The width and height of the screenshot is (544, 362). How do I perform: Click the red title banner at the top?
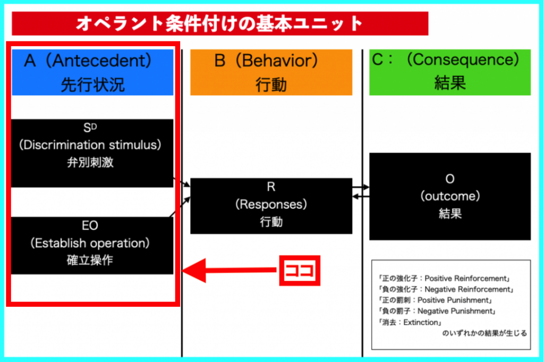coord(220,23)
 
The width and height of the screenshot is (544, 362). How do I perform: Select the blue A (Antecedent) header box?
coord(92,72)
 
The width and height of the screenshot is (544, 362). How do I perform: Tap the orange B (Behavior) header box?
coord(271,72)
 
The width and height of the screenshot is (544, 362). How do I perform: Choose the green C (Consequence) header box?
coord(450,72)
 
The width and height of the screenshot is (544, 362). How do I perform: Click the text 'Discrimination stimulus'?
coord(90,145)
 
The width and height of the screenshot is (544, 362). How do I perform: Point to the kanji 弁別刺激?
coord(90,162)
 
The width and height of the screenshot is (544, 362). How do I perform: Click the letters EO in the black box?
coord(90,225)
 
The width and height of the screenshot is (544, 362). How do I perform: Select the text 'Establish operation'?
coord(90,243)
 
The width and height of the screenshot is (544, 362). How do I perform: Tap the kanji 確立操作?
coord(90,260)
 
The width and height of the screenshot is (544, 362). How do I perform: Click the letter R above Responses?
coord(271,187)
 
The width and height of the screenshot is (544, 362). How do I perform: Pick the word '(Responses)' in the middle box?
coord(271,204)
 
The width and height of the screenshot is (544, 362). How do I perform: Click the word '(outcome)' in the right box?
coord(450,196)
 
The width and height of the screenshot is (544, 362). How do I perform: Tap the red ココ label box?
coord(300,271)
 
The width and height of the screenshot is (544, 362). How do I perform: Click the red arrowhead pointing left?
coord(194,271)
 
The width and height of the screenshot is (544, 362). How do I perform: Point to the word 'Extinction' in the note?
coord(421,323)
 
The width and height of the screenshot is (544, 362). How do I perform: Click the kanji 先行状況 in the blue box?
coord(92,85)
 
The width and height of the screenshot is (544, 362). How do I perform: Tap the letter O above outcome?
coord(450,179)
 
